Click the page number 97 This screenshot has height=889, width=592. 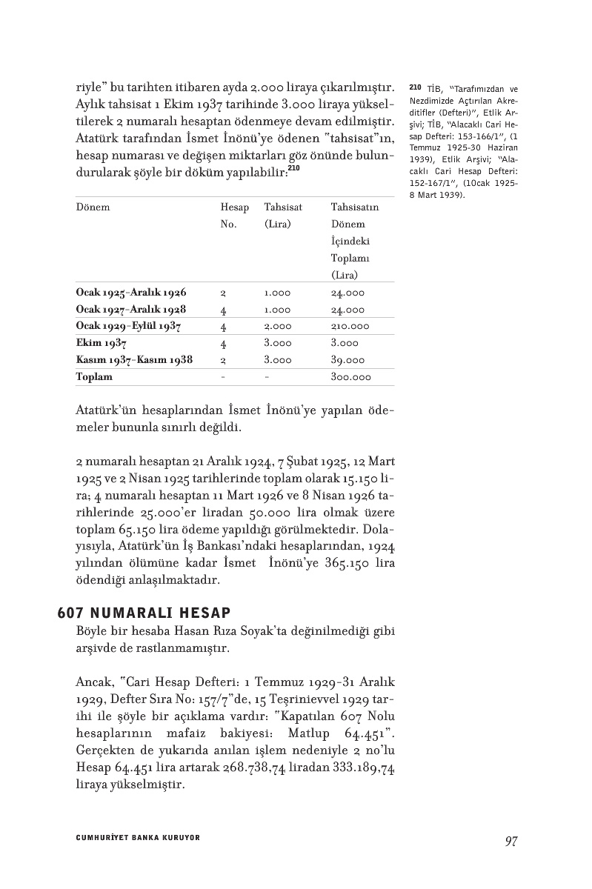point(510,841)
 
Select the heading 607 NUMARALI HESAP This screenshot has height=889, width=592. point(144,613)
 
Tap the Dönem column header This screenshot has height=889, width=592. point(93,207)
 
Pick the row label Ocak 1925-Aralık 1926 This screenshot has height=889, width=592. point(131,293)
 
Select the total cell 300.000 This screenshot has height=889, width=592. point(350,377)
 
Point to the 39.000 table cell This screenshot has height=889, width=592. point(347,360)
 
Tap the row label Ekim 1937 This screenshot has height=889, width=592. point(102,343)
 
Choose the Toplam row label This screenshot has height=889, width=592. point(94,377)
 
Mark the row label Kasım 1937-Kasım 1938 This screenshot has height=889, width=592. point(134,360)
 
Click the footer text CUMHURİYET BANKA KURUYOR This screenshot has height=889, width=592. point(139,838)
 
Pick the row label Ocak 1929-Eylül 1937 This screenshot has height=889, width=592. point(128,326)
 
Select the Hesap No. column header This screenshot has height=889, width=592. point(235,216)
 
